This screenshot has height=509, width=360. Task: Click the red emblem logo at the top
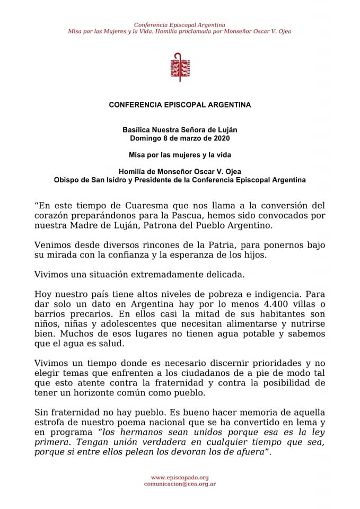click(180, 67)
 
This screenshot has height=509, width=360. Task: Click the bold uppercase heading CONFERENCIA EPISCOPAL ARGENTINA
click(180, 105)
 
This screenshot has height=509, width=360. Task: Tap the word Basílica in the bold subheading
click(136, 129)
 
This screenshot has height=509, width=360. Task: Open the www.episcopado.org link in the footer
click(180, 477)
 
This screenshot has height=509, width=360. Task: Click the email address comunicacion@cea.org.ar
click(180, 484)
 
